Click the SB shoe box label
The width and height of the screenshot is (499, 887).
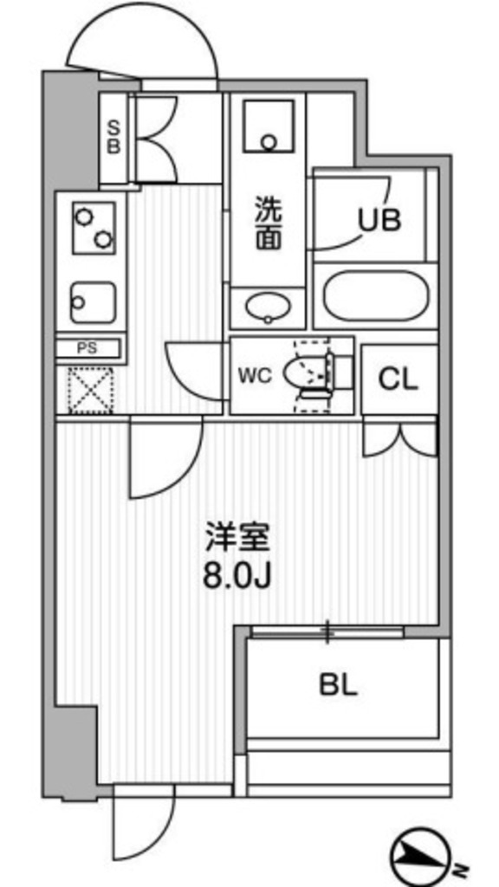coord(113,138)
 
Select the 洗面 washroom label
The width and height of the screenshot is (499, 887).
coord(268,223)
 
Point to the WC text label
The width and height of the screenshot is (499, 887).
coord(256,376)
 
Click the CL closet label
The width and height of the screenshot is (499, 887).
coord(398,379)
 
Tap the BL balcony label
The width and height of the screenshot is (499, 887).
coord(338,686)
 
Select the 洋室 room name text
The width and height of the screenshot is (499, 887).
coord(237,538)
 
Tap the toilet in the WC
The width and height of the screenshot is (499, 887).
coord(316,375)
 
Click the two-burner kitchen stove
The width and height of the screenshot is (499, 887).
coord(92,226)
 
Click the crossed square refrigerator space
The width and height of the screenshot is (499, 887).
coord(91,390)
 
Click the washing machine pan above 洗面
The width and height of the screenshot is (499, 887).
coord(268,129)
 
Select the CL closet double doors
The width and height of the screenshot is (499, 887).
coord(399,437)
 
